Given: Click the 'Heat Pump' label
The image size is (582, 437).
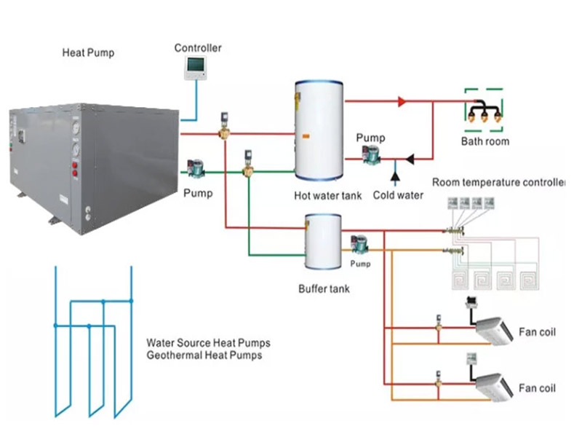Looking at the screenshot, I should coord(88,52).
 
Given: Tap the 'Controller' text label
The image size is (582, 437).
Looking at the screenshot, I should coord(197,48).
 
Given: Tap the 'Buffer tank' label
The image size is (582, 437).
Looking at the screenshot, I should coord(324,288).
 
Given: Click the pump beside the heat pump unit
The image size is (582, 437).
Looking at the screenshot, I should coord(196,168).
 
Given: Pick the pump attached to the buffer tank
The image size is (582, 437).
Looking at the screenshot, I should coord(359,243).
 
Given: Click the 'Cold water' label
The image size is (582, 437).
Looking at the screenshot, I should coord(397,195).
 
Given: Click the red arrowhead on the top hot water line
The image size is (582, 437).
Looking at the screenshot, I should coord(402,102).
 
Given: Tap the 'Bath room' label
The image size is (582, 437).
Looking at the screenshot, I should coord(485,141).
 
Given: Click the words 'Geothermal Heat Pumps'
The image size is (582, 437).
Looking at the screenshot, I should coord(204,355).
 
